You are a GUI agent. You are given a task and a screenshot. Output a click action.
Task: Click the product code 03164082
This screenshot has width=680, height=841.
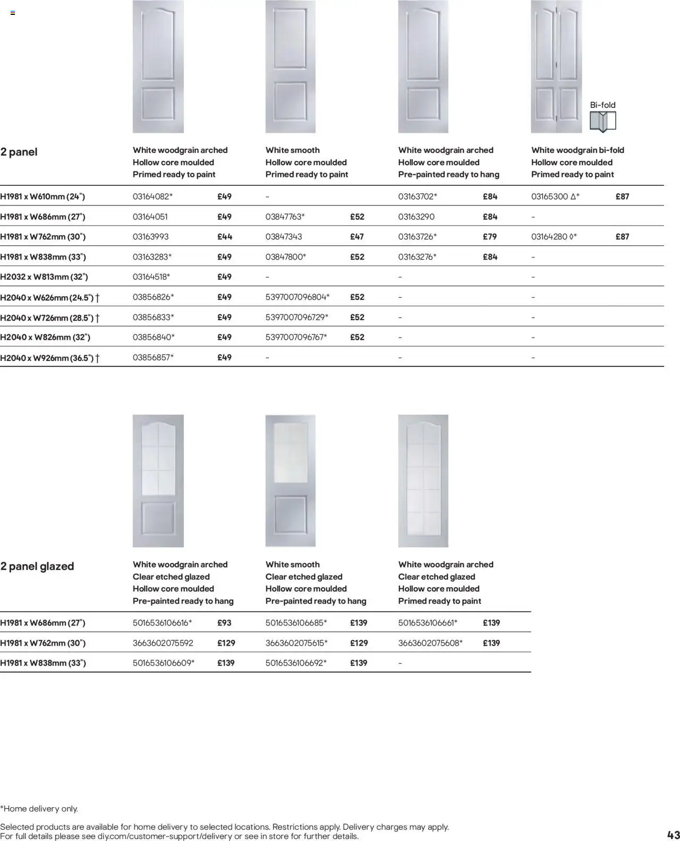[x=151, y=196]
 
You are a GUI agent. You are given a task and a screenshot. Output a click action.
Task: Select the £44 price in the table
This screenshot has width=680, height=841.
[x=224, y=237]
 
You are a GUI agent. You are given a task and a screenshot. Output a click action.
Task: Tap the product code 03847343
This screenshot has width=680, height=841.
[x=284, y=237]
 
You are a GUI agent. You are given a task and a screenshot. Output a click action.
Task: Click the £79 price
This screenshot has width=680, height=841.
[x=490, y=237]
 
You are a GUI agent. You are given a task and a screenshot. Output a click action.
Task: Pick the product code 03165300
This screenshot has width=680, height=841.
[x=550, y=196]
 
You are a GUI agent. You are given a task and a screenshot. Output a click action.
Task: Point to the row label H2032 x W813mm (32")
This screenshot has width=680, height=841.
[x=44, y=277]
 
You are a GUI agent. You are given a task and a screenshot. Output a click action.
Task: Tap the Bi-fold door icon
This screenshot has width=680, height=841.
[x=602, y=122]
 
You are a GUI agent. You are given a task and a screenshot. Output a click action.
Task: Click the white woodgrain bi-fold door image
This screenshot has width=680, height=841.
[x=556, y=66]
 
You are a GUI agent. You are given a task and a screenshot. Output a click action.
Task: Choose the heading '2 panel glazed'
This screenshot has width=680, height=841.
[x=37, y=566]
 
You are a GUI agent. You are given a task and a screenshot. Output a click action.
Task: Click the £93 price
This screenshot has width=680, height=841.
[x=224, y=623]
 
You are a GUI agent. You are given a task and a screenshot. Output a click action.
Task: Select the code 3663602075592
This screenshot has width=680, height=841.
[x=163, y=643]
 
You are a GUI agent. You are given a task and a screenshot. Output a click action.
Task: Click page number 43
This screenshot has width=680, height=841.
[x=673, y=834]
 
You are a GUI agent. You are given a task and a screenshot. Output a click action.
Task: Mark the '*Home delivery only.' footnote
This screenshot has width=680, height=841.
[x=39, y=809]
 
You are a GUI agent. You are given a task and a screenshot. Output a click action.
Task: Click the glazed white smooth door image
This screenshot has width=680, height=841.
[x=291, y=480]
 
